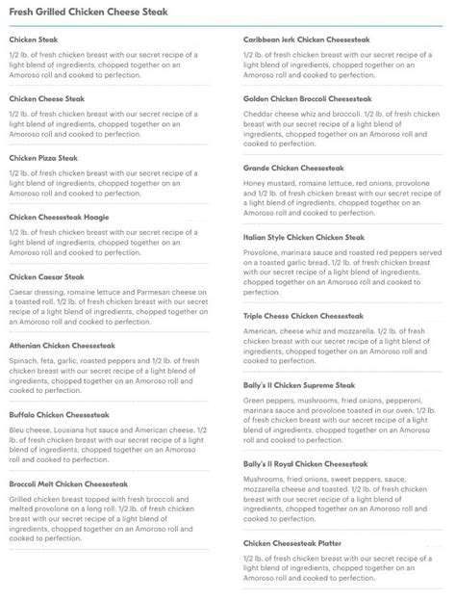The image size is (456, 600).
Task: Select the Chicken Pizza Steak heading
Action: [x=43, y=157]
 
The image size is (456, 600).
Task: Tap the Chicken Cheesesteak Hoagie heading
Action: [x=59, y=217]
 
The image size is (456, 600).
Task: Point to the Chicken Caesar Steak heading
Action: [x=47, y=276]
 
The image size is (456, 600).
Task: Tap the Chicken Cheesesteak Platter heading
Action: [x=292, y=543]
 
